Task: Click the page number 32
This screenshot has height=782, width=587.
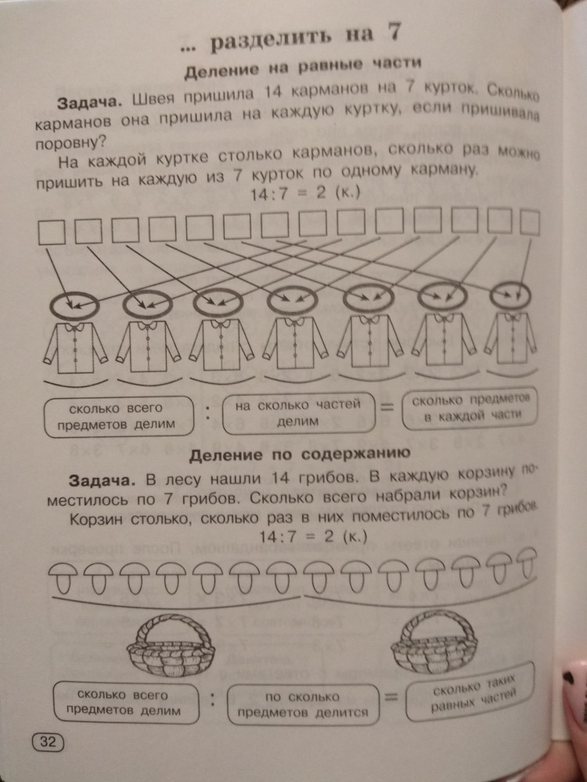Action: tap(48, 741)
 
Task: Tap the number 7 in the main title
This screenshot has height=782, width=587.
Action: tap(394, 32)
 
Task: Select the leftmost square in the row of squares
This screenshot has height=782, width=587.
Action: tap(52, 232)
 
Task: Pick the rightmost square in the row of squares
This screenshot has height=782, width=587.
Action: tap(530, 222)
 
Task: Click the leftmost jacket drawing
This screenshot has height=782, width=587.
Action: tap(75, 347)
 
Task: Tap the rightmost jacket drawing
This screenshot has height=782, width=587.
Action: tap(510, 338)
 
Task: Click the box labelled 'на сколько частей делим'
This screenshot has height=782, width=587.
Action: tap(297, 413)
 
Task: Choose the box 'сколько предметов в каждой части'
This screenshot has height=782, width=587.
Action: tap(469, 408)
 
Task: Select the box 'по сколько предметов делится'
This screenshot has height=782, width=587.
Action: tap(302, 704)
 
